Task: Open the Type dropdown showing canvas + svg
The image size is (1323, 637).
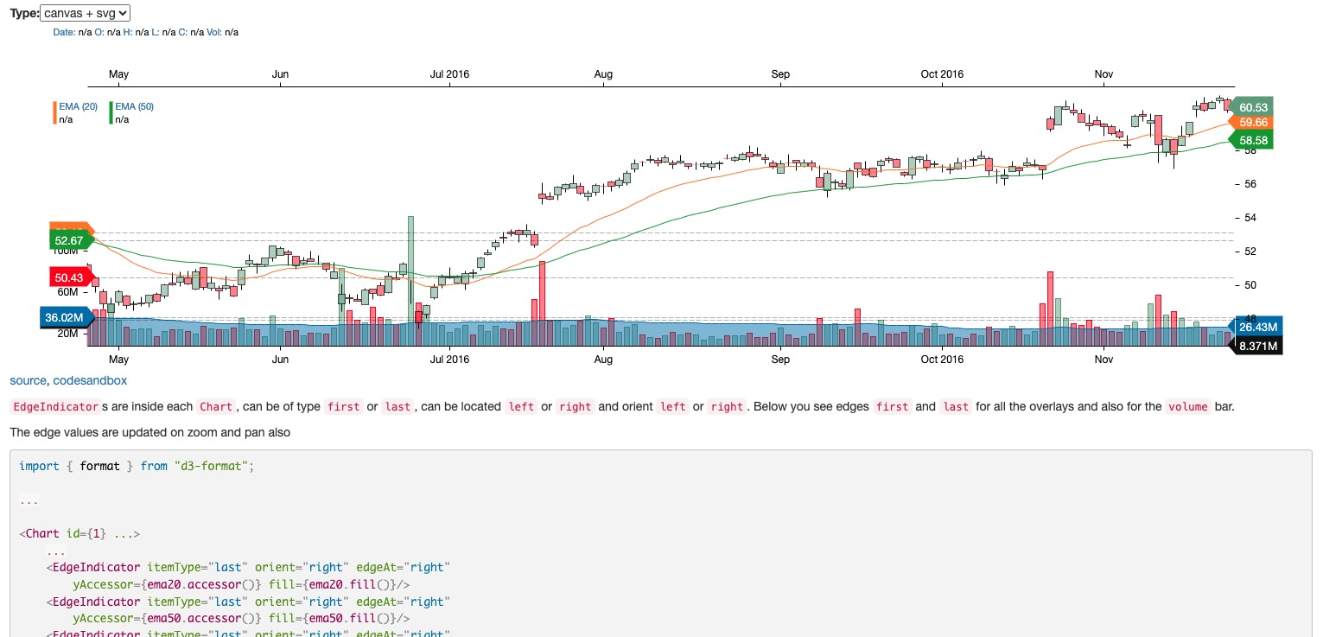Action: [x=85, y=13]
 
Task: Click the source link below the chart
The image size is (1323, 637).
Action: [x=29, y=380]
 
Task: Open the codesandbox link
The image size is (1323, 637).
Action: [x=90, y=380]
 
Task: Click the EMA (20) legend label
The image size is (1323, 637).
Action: [x=78, y=106]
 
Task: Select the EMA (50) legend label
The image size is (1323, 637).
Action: [x=134, y=106]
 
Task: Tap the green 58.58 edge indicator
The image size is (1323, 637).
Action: [x=1252, y=140]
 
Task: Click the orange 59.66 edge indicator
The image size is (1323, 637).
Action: [x=1252, y=123]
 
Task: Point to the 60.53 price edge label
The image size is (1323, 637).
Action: [x=1252, y=107]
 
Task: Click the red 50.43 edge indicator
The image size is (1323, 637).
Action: [x=69, y=277]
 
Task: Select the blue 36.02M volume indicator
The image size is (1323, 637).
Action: [x=64, y=317]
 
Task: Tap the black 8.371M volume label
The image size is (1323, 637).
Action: [x=1257, y=346]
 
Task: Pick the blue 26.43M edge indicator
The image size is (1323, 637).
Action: [x=1257, y=327]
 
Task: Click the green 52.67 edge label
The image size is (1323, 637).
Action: [x=69, y=240]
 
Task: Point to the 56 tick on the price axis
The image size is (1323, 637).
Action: [x=1250, y=184]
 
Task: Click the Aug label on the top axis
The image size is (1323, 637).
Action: [x=603, y=74]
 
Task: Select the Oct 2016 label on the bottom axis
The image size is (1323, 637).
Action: [x=941, y=359]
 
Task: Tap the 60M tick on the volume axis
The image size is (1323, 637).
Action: [x=67, y=292]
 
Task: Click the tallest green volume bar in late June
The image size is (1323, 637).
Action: [x=410, y=268]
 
